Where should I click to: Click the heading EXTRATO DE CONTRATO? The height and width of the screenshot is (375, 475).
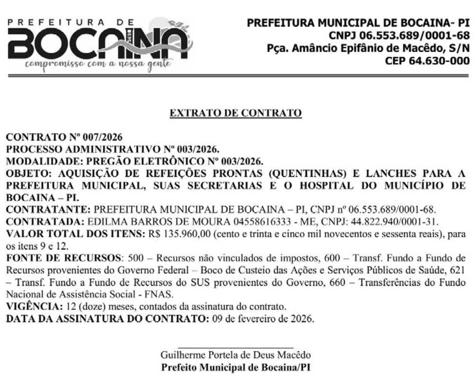click(x=236, y=114)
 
